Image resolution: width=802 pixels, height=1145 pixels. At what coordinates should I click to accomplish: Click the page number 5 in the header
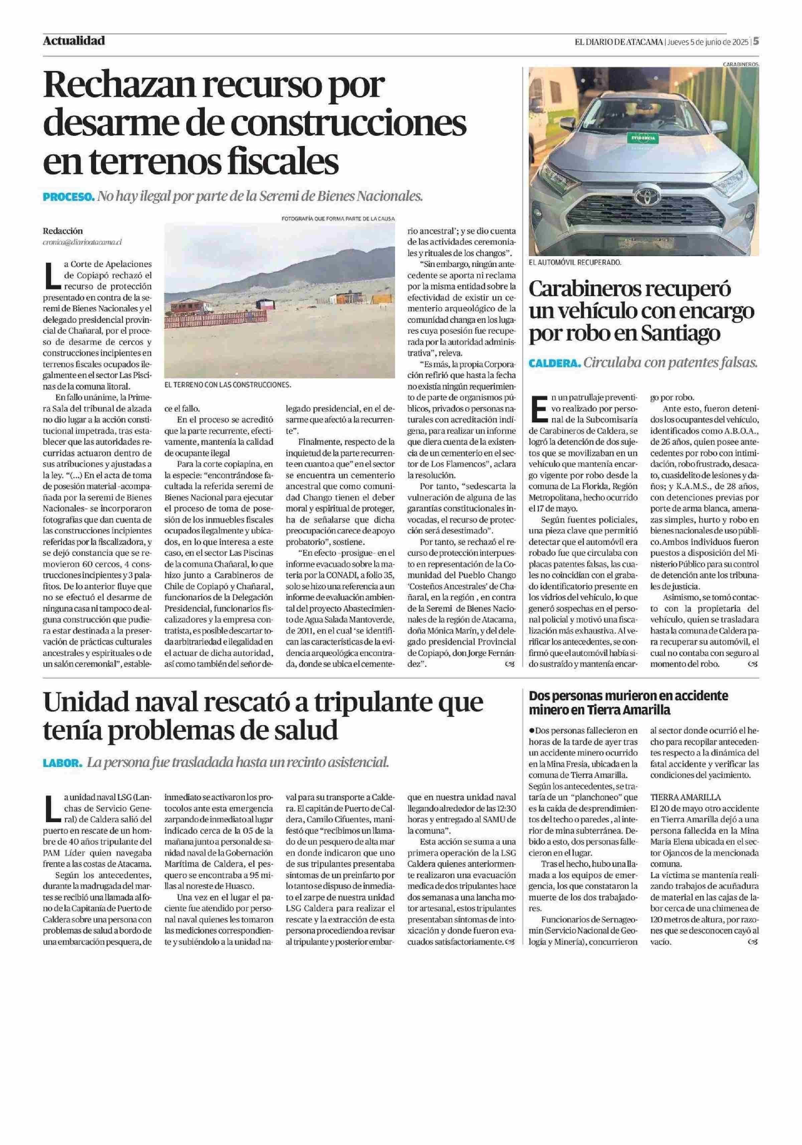point(756,42)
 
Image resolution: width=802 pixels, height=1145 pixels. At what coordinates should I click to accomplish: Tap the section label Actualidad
point(74,41)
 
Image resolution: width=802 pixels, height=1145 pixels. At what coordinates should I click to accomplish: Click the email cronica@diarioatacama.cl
point(82,242)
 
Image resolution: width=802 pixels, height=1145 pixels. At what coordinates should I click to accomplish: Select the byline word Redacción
point(63,231)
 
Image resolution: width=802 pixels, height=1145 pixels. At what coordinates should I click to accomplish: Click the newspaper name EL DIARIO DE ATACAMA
point(618,42)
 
